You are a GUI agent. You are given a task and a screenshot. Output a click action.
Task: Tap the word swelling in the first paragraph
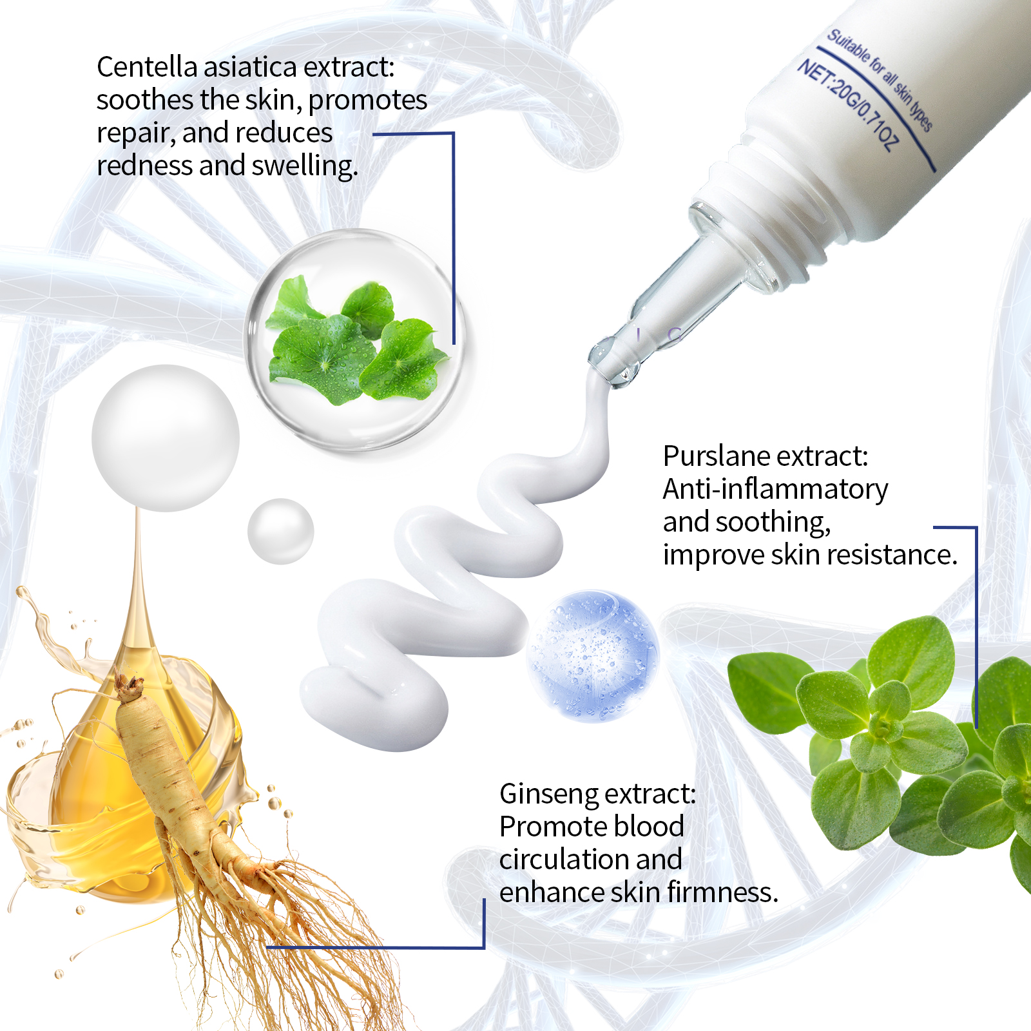(304, 166)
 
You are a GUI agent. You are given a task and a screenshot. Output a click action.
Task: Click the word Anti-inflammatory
(775, 489)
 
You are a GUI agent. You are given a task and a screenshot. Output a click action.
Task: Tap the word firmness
(722, 892)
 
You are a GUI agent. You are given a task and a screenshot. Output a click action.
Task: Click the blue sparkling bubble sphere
(593, 656)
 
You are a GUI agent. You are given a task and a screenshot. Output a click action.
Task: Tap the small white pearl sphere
(280, 532)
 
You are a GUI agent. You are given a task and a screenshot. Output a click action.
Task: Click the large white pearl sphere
(166, 438)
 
